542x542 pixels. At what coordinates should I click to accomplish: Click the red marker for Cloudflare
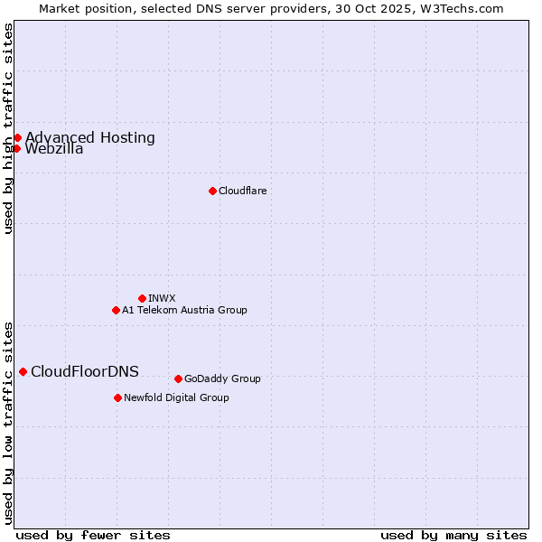(212, 191)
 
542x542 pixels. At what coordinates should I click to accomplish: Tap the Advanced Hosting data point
(17, 137)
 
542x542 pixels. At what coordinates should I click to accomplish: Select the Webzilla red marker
(16, 148)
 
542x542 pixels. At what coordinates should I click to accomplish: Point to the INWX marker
(142, 298)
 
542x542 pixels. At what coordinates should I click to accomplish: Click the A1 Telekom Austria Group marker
(116, 310)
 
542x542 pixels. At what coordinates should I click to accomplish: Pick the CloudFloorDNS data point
(23, 371)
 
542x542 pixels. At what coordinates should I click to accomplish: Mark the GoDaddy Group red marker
(178, 378)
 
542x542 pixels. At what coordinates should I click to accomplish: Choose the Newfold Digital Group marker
(117, 397)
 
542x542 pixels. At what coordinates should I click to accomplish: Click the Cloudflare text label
(242, 191)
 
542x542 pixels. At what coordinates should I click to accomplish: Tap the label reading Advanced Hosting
(90, 137)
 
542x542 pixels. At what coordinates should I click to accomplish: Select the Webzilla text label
(54, 149)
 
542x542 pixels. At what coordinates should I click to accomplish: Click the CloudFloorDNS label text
(85, 371)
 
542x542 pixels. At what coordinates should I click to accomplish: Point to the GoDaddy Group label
(222, 378)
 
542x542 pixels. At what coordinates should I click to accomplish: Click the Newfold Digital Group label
(176, 397)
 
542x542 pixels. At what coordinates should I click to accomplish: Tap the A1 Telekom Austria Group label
(184, 310)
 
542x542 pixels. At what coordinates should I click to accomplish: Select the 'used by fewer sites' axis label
(93, 535)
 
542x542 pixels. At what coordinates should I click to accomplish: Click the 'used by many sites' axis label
(453, 535)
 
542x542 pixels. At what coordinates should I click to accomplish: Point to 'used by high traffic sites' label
(9, 128)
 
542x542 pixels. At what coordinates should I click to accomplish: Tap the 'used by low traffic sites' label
(9, 422)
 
